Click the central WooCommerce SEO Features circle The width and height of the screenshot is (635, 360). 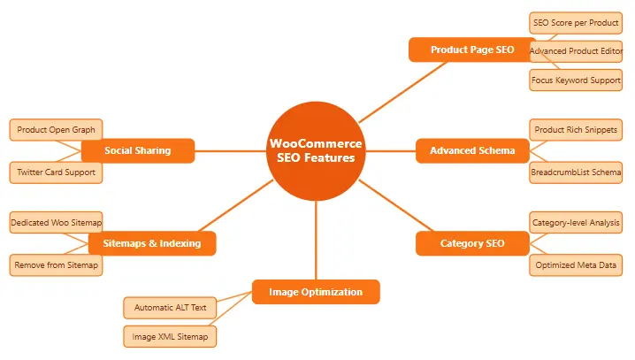click(x=316, y=151)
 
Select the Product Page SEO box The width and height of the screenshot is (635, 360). click(x=472, y=50)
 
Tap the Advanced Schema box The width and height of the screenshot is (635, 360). click(x=472, y=150)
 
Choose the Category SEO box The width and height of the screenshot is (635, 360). click(x=472, y=243)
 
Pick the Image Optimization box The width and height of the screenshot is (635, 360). click(x=316, y=292)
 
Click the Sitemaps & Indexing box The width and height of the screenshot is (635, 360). click(x=152, y=243)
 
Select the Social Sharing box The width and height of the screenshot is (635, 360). click(x=137, y=150)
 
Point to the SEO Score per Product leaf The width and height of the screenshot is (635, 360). click(x=576, y=21)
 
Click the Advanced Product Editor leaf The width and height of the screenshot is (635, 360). click(x=576, y=50)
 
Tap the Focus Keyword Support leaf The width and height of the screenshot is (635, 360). click(x=576, y=80)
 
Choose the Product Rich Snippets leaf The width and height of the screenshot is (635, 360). click(x=576, y=130)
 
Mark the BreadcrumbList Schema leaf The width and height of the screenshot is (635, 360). click(x=576, y=172)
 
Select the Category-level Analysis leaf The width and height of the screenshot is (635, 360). click(x=576, y=222)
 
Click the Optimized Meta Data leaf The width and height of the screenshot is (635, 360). click(x=576, y=264)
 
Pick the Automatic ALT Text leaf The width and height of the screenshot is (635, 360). click(x=169, y=308)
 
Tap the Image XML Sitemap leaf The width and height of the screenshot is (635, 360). click(x=169, y=336)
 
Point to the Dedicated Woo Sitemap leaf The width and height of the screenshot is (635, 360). click(x=57, y=222)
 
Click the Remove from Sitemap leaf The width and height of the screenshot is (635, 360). click(x=56, y=264)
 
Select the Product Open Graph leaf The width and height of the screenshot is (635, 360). click(x=56, y=130)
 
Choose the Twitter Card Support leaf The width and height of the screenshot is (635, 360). click(x=56, y=172)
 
